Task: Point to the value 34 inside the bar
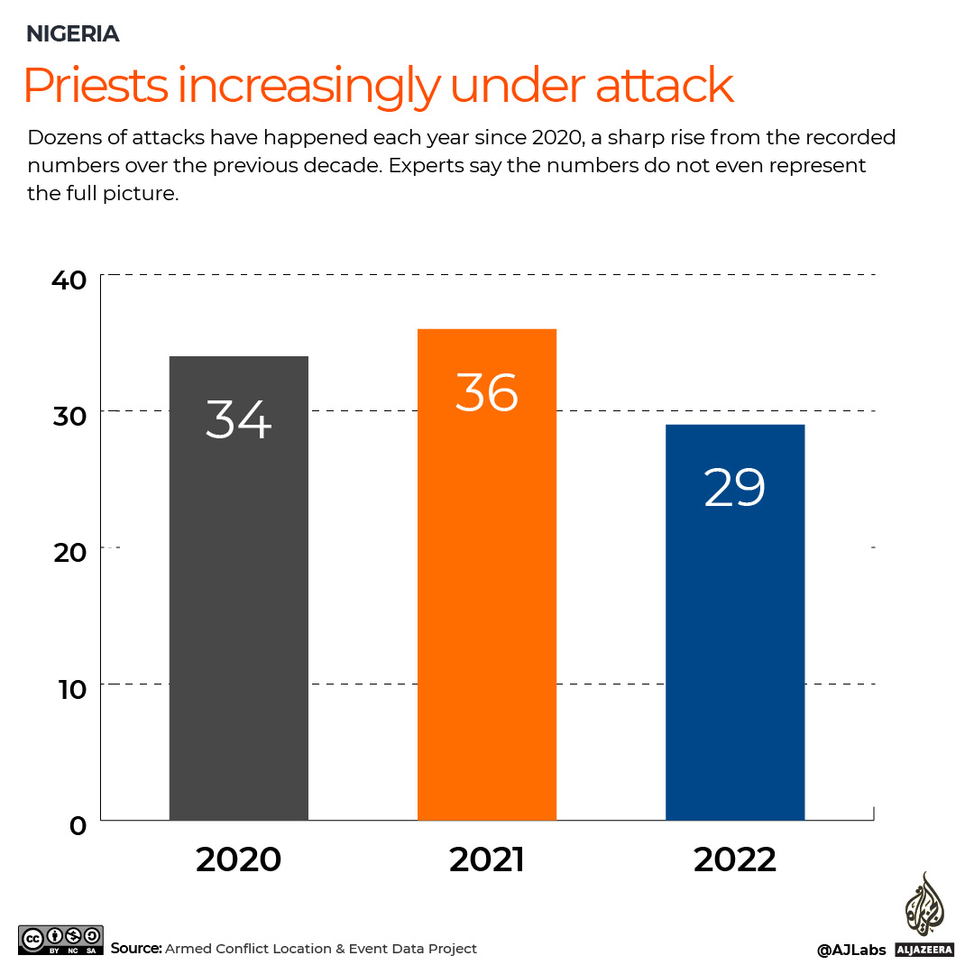coord(239,418)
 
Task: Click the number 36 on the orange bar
coord(487,392)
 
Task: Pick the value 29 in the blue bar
coord(735,488)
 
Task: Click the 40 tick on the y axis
coord(69,280)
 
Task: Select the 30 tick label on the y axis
coord(69,416)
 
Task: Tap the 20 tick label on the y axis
coord(69,552)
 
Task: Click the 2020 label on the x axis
coord(239,859)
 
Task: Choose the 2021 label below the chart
coord(487,859)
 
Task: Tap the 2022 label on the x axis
coord(735,859)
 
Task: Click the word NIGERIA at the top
coord(73,34)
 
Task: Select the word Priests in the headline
coord(96,87)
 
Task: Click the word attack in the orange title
coord(664,87)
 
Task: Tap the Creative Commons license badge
coord(60,940)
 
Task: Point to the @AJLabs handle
coord(851,950)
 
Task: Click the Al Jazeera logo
coord(924,915)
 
